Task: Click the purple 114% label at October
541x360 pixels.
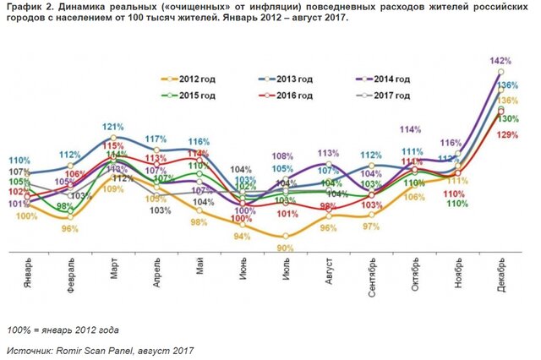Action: pos(412,129)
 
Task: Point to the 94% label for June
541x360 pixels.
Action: pos(242,236)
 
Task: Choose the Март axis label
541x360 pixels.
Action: pos(115,272)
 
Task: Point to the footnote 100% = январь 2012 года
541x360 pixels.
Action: pos(63,329)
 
